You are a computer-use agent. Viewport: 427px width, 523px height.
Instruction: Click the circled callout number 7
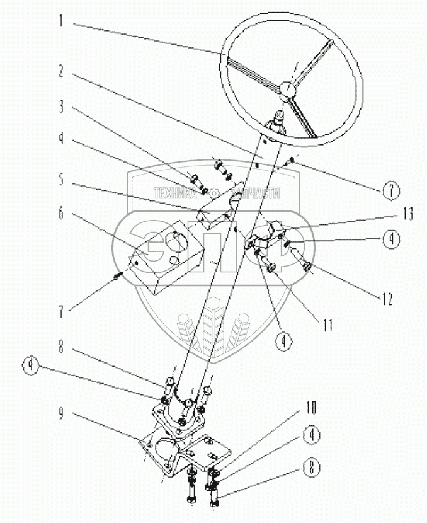tap(390, 189)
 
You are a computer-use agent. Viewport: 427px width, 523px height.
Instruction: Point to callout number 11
tap(327, 326)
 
